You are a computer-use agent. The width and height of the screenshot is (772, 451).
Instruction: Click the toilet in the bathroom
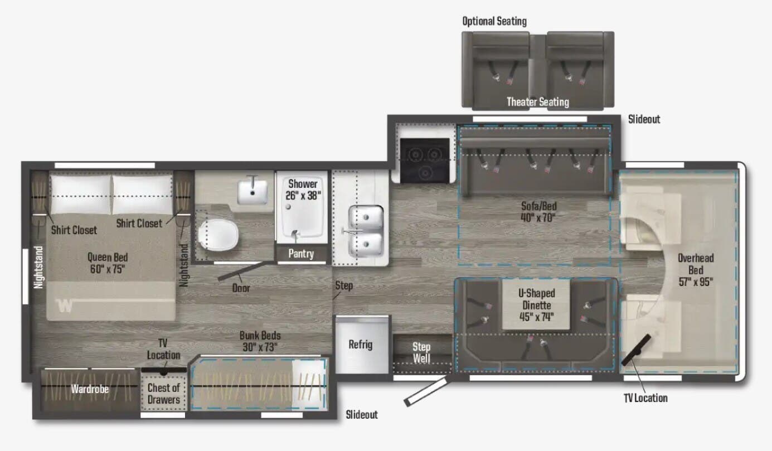[219, 235]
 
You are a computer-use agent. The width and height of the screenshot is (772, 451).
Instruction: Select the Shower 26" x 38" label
[303, 190]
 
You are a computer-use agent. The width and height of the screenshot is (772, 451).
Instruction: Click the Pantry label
[301, 254]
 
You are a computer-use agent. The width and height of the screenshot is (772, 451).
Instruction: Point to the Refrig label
[361, 345]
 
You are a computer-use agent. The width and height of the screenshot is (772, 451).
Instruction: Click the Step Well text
[421, 352]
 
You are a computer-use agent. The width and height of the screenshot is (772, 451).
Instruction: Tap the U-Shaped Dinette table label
[537, 305]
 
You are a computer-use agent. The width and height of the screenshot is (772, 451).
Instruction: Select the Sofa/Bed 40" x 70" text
[538, 212]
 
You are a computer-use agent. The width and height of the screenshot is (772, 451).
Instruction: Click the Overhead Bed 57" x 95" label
[696, 270]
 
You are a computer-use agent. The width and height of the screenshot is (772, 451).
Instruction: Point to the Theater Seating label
[538, 102]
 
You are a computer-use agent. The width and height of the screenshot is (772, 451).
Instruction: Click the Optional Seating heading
[494, 21]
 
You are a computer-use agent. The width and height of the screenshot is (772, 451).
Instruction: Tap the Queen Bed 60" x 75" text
[108, 263]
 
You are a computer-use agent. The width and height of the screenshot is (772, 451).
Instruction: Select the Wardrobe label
[90, 389]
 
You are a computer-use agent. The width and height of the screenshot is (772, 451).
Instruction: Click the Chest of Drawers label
[164, 394]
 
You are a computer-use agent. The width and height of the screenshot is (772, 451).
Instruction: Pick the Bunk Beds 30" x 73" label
[260, 341]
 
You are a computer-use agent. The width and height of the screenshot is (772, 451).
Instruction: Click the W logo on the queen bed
[65, 305]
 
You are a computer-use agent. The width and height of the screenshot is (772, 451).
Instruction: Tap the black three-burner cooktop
[425, 161]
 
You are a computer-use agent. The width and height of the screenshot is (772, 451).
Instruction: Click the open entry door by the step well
[426, 391]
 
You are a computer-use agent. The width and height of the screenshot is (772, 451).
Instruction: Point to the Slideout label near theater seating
[644, 119]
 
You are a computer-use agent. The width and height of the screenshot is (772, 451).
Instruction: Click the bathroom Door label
[241, 288]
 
